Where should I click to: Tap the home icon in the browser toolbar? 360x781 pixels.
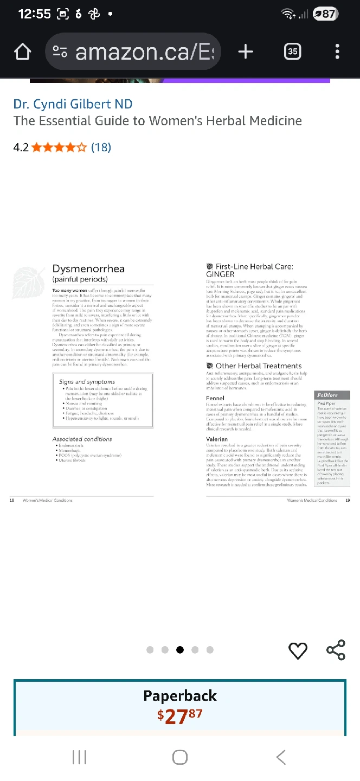tap(22, 52)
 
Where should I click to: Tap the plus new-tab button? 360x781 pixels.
tap(246, 52)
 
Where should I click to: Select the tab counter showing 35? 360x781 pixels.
tap(293, 52)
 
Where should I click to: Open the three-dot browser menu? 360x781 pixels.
tap(337, 52)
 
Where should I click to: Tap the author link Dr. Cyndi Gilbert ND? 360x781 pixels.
tap(73, 104)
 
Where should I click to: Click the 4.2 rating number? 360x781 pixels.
tap(21, 147)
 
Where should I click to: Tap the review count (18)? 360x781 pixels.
tap(101, 147)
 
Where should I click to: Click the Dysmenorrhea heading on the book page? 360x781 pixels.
tap(88, 269)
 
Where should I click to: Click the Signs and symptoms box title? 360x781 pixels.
tap(87, 382)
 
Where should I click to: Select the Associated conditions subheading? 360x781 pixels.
tap(82, 439)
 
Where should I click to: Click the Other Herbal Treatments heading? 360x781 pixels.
tap(258, 366)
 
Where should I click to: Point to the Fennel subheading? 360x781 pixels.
tap(215, 398)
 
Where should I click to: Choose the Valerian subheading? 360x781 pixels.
tap(217, 439)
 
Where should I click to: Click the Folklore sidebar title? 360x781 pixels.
tap(327, 395)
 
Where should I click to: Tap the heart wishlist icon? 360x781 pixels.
tap(298, 650)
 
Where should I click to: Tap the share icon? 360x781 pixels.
tap(336, 650)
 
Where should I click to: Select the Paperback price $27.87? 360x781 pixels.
tap(180, 716)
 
